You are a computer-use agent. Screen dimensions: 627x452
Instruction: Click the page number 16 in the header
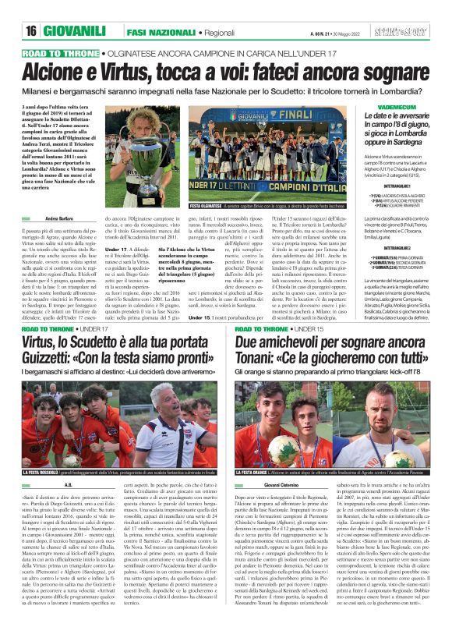tap(30, 30)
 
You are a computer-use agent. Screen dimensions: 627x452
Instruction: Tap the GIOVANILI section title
tap(79, 30)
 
